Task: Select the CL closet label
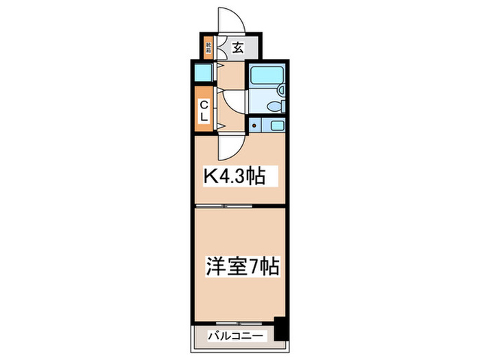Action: [204, 110]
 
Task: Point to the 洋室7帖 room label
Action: [242, 265]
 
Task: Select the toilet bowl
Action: [275, 106]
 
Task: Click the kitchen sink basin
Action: [277, 125]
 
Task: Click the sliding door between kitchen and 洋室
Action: [224, 206]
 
